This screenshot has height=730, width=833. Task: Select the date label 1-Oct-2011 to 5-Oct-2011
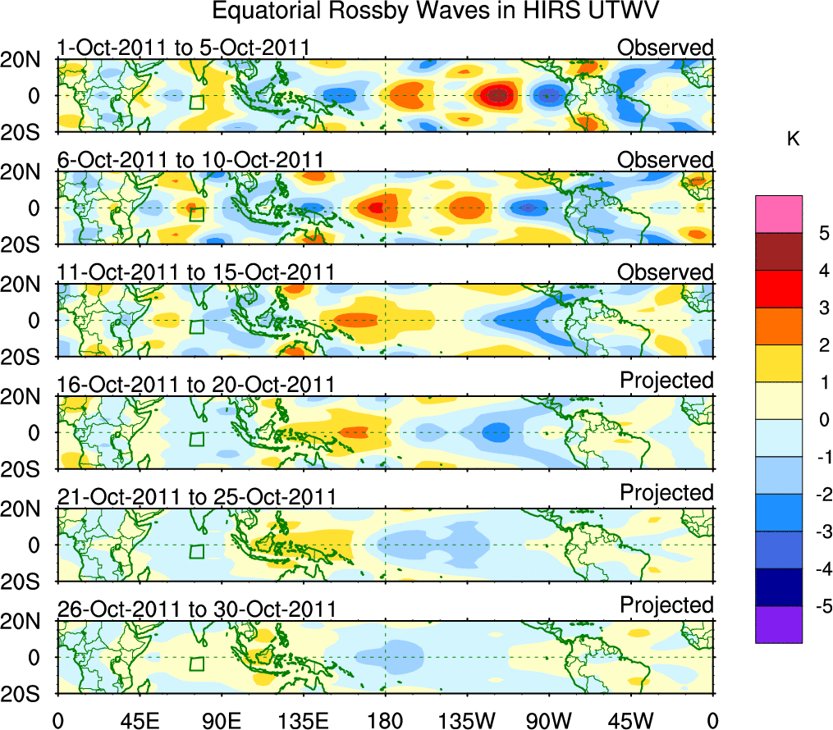184,48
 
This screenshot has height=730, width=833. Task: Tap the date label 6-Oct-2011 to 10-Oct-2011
190,159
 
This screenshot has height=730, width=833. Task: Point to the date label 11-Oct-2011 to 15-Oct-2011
195,271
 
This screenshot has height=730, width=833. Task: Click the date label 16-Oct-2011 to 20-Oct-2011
196,384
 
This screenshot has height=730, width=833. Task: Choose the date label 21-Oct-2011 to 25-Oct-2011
196,496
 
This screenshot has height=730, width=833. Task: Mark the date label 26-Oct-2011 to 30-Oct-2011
196,609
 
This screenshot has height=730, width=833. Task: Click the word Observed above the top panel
666,48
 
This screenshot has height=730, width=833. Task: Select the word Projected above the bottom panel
666,605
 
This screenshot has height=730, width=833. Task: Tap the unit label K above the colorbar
793,139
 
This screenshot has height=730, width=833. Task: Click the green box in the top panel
196,103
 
